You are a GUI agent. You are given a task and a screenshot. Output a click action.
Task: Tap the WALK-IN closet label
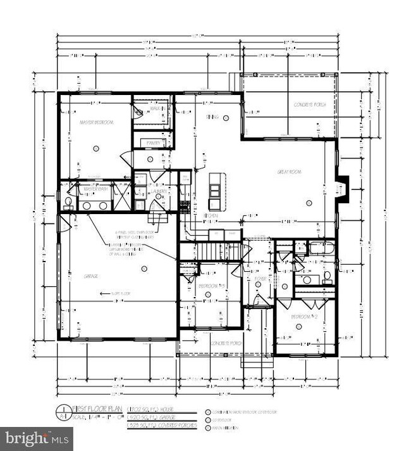pyautogui.click(x=157, y=109)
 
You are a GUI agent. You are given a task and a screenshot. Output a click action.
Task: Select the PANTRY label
pyautogui.click(x=154, y=144)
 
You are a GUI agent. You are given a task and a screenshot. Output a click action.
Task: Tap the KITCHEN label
pyautogui.click(x=211, y=216)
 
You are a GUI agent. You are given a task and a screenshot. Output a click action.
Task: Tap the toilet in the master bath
pyautogui.click(x=68, y=202)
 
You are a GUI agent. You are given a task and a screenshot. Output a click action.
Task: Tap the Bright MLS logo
pyautogui.click(x=35, y=438)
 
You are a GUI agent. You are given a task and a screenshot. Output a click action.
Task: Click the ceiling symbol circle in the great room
pyautogui.click(x=308, y=203)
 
